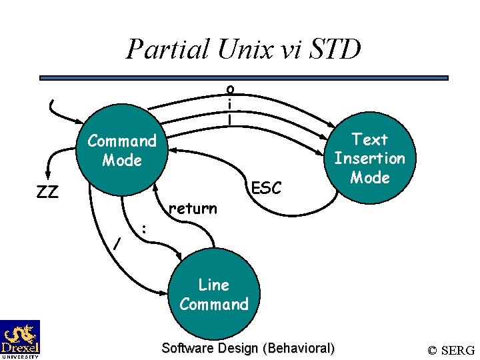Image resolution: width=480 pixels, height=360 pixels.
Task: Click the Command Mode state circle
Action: [x=122, y=151]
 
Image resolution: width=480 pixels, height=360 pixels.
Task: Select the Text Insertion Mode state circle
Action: [x=369, y=159]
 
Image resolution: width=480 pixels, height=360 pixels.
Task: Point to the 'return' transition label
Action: [x=193, y=209]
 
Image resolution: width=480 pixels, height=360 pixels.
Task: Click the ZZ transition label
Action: [x=47, y=193]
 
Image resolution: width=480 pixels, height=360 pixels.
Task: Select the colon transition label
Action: [x=144, y=228]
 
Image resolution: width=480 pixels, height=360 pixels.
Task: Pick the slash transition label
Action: [x=117, y=245]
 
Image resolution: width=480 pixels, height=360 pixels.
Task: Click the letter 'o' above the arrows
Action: [x=229, y=88]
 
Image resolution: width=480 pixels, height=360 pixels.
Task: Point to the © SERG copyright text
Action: [x=451, y=350]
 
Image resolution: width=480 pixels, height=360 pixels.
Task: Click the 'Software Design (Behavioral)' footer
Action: [x=249, y=348]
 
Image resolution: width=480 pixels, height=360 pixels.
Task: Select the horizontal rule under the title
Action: [x=244, y=78]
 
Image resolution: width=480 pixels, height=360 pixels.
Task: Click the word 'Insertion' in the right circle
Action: [x=369, y=159]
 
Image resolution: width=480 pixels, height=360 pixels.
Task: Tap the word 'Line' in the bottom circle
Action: [x=213, y=285]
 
